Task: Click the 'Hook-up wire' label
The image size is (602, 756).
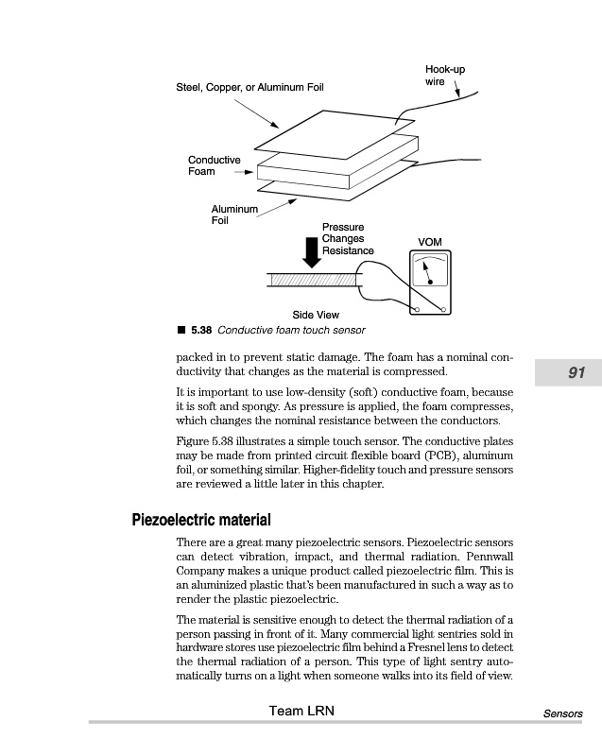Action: (x=444, y=76)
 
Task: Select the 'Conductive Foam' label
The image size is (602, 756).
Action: (x=214, y=165)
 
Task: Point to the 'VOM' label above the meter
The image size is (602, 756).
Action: (x=429, y=243)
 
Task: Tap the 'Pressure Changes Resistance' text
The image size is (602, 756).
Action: (x=347, y=239)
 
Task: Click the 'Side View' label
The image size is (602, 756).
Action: (x=316, y=315)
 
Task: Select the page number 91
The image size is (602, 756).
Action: (x=576, y=373)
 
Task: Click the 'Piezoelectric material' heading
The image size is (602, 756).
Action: (x=200, y=521)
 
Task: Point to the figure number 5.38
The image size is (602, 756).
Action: (x=200, y=331)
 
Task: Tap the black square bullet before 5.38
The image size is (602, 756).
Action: (x=181, y=331)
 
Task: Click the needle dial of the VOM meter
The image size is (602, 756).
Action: (x=429, y=272)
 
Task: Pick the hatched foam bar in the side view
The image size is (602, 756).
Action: (x=312, y=280)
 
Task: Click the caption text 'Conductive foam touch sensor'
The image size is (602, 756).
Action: (x=291, y=331)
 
